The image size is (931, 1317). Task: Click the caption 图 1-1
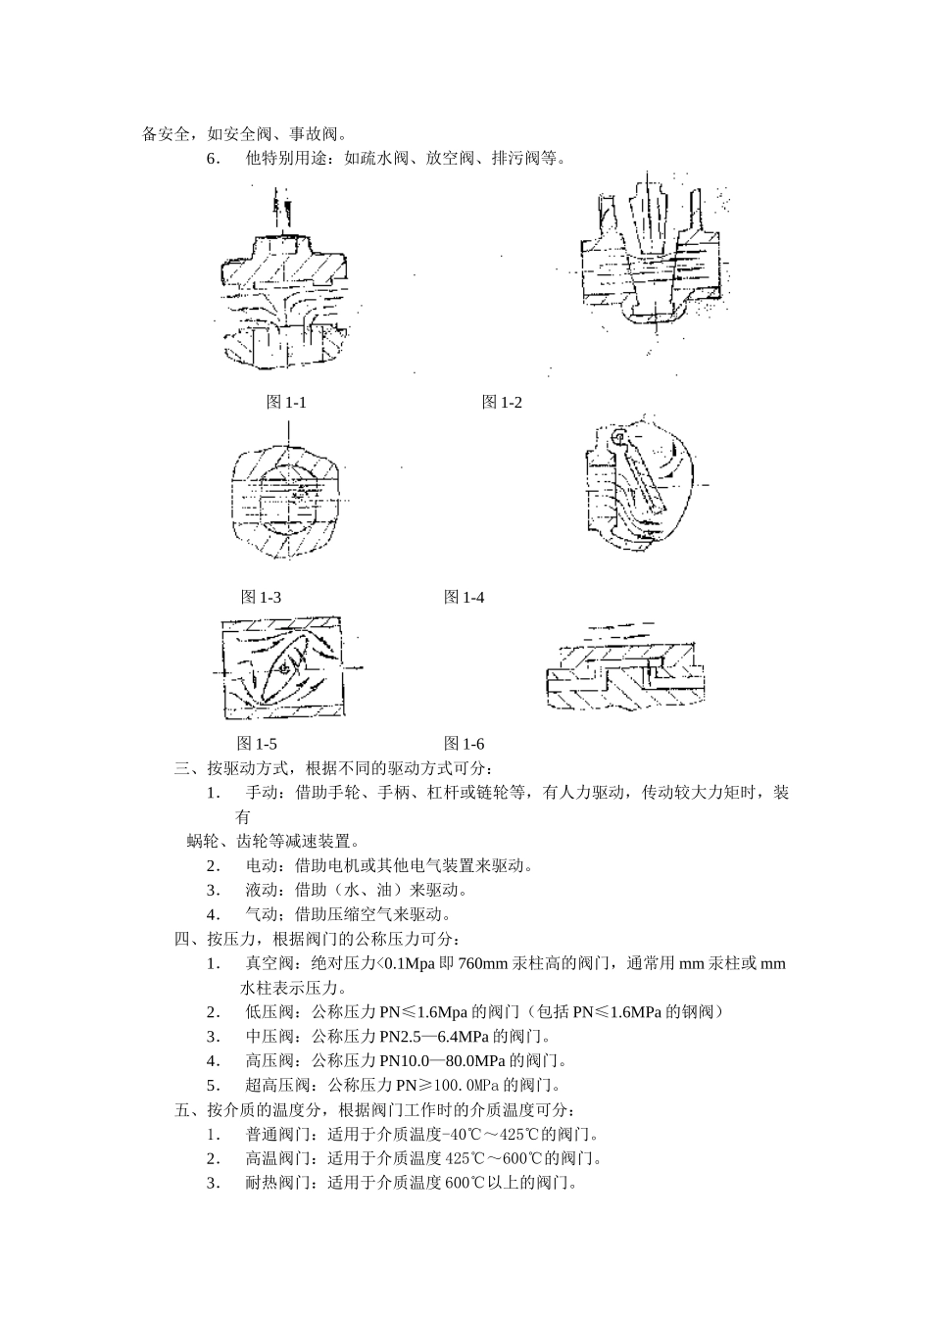[286, 403]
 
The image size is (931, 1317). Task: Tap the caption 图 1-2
[502, 403]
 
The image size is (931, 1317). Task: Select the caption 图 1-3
[261, 597]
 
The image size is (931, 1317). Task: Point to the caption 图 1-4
[464, 597]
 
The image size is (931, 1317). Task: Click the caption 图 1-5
[257, 744]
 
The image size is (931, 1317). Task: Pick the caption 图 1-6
[464, 744]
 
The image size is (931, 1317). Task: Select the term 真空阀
[269, 964]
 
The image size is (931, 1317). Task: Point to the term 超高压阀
[278, 1086]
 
